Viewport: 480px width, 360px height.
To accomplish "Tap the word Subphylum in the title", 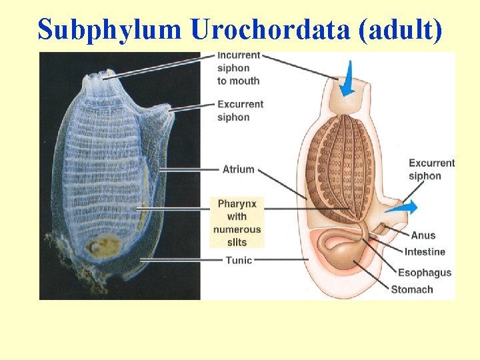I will [x=109, y=29].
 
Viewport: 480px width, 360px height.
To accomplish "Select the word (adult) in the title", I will [x=399, y=29].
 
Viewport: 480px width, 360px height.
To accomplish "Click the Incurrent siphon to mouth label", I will [x=238, y=68].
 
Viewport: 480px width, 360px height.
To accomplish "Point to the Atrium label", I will [x=238, y=169].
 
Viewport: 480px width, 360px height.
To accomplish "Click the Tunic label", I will [x=239, y=260].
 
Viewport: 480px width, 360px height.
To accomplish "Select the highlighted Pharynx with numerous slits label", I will [x=237, y=222].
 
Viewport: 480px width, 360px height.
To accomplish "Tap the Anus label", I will [x=423, y=235].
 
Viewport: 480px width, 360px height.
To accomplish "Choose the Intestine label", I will [x=425, y=252].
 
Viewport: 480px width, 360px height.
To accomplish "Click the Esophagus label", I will [x=425, y=272].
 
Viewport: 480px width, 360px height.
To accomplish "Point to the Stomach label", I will [x=411, y=289].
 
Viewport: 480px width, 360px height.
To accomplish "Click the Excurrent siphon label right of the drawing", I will [x=431, y=169].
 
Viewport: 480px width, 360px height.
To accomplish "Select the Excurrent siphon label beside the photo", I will [x=240, y=111].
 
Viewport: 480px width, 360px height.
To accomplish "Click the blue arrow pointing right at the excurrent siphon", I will [x=403, y=207].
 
